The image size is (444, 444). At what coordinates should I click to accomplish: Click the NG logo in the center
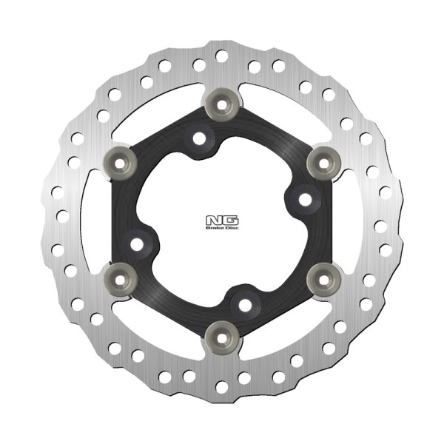pyautogui.click(x=222, y=221)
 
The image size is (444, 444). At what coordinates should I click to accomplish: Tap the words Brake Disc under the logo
pyautogui.click(x=222, y=228)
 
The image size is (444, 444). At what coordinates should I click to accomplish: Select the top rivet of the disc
pyautogui.click(x=222, y=104)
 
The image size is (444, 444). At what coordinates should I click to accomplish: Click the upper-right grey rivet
pyautogui.click(x=323, y=164)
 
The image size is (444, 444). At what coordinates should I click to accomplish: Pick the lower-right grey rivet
pyautogui.click(x=323, y=280)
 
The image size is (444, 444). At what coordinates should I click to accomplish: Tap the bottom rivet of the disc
pyautogui.click(x=222, y=338)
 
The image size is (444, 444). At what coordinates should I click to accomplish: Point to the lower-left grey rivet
pyautogui.click(x=121, y=280)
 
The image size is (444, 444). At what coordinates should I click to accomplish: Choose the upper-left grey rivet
pyautogui.click(x=120, y=164)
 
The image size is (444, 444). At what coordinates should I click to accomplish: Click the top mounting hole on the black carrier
pyautogui.click(x=200, y=138)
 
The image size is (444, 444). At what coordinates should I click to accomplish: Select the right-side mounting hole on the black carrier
pyautogui.click(x=305, y=200)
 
